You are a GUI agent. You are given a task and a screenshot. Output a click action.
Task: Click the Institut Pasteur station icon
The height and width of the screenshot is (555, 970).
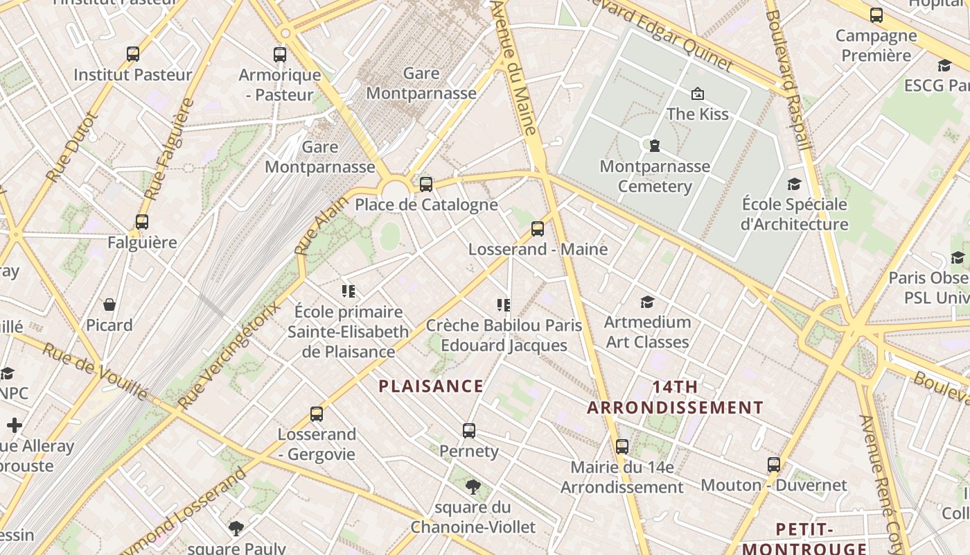point(133,54)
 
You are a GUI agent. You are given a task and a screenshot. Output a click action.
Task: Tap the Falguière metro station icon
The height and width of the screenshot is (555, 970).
point(142,222)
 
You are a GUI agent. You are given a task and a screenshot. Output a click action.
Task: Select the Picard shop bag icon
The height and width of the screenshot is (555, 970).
point(109,305)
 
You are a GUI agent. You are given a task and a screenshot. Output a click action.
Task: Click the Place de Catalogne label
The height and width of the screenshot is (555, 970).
point(426,205)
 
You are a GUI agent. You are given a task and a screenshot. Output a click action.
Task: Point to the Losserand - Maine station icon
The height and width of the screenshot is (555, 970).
point(538,229)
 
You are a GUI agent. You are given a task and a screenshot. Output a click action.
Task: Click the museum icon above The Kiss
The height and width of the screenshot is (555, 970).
point(698,93)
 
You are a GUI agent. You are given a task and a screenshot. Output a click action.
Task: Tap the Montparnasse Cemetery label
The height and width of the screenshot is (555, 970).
point(655,176)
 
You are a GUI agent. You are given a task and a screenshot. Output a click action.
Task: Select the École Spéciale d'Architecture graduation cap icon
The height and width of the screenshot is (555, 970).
point(794,184)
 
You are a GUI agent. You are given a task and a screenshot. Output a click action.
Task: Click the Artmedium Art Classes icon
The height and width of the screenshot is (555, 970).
point(647,302)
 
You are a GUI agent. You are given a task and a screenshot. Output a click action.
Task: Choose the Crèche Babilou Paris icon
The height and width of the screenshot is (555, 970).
point(504,305)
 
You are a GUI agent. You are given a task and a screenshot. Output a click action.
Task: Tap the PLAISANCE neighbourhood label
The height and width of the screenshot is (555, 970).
point(431,386)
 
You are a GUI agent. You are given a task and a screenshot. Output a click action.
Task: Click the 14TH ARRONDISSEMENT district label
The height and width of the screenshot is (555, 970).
point(675,397)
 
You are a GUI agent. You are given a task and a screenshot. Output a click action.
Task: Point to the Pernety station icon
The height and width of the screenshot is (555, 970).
point(469,431)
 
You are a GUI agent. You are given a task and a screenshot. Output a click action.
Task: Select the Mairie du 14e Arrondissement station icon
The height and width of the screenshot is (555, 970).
point(622,447)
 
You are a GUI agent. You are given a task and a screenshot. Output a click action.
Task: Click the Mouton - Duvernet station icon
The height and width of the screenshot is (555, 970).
point(774,465)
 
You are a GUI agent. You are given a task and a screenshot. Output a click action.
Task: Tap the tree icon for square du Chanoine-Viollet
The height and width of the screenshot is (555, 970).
point(473,486)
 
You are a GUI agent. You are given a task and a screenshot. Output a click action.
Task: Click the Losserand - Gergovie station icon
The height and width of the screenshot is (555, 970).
point(317,414)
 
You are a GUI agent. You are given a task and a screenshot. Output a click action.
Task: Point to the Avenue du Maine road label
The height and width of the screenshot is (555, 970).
point(514,67)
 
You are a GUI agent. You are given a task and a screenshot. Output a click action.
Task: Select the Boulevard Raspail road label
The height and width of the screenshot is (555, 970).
point(787,80)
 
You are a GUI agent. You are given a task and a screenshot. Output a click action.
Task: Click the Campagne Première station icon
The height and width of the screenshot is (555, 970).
point(876,15)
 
